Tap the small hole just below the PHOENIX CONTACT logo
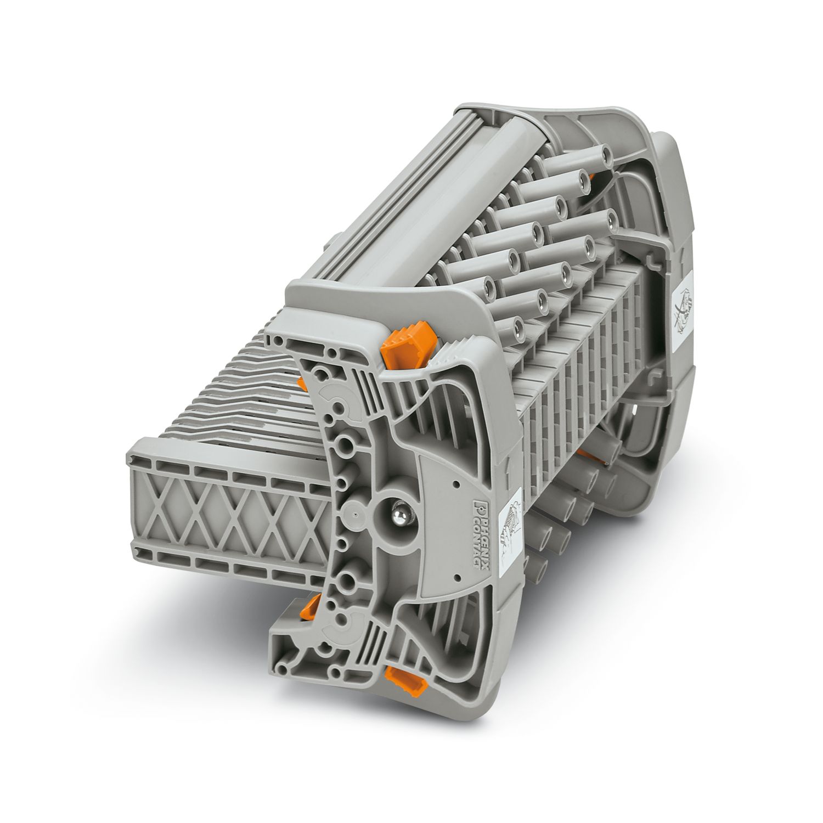click(x=456, y=579)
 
